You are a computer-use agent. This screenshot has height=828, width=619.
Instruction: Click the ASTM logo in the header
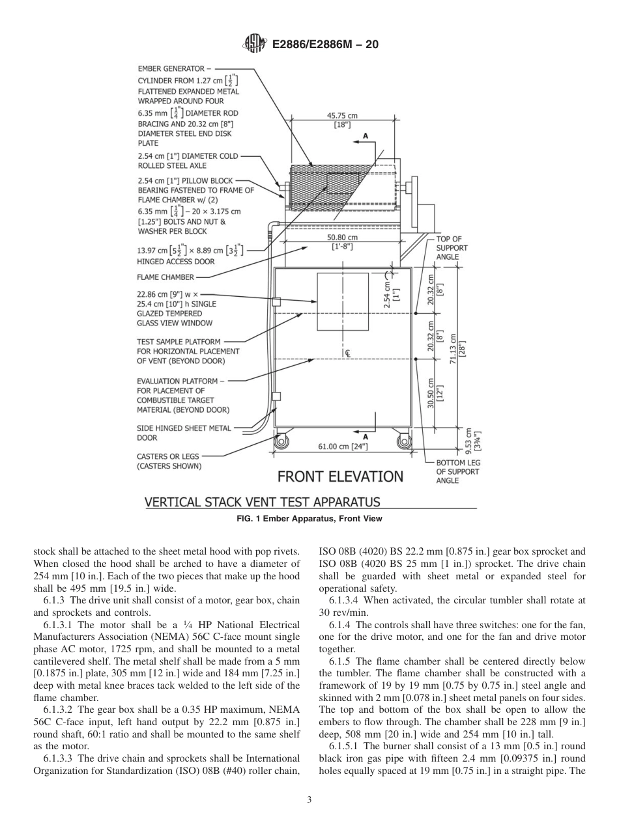(x=254, y=44)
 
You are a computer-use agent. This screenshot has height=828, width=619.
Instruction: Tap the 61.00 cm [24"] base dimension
(x=343, y=447)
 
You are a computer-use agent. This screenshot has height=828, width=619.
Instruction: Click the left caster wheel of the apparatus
(x=281, y=441)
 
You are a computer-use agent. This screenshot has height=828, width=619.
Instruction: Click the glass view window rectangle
(x=343, y=301)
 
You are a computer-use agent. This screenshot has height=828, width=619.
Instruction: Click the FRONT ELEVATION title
(x=340, y=476)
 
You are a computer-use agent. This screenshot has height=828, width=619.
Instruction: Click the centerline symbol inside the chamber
(x=347, y=353)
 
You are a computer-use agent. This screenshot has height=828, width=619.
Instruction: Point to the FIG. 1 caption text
(x=309, y=519)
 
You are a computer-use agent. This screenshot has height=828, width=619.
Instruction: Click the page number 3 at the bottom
(x=309, y=799)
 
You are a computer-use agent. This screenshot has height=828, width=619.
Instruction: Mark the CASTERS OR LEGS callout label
(x=168, y=461)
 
